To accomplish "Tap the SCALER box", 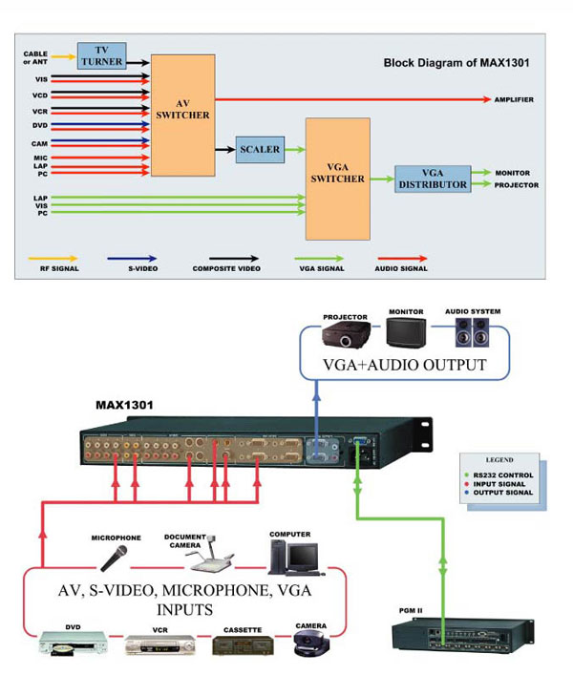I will [260, 149].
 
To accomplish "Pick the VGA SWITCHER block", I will [337, 179].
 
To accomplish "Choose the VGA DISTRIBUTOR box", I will [433, 179].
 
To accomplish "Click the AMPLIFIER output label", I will [514, 99].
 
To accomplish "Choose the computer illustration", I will [291, 553].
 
